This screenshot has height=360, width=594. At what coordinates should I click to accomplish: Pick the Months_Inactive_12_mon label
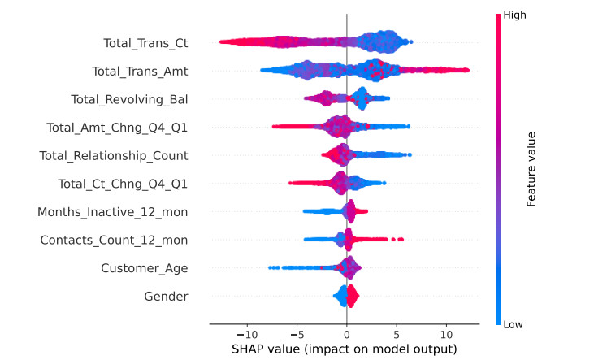(x=113, y=212)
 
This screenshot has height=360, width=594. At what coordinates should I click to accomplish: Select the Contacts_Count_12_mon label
(x=115, y=240)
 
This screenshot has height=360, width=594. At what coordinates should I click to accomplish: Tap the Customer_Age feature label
(x=145, y=268)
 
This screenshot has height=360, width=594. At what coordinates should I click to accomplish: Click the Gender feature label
(x=167, y=297)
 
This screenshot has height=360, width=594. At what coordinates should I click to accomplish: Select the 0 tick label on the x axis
(x=347, y=334)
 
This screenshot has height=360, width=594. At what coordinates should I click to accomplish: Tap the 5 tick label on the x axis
(x=397, y=334)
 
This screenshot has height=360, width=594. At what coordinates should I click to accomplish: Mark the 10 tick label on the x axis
(x=446, y=334)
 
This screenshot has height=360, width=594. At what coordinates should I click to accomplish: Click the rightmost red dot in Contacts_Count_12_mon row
(x=401, y=239)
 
